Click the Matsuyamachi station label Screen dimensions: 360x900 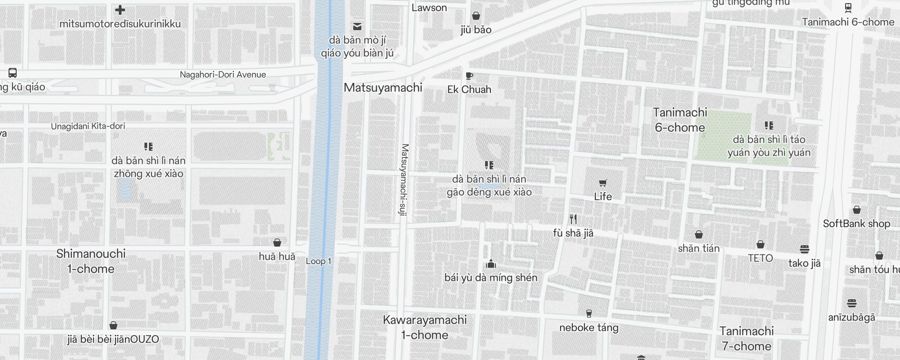[x=383, y=88]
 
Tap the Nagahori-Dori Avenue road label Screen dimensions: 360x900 [x=223, y=75]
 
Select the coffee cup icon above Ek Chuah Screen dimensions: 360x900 [x=469, y=76]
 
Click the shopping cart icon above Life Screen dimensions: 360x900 [x=603, y=183]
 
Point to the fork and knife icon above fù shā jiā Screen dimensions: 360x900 [x=573, y=219]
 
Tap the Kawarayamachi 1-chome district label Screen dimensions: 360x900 [x=424, y=327]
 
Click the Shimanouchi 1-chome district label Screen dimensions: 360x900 [x=91, y=261]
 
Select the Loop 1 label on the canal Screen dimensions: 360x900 [x=318, y=261]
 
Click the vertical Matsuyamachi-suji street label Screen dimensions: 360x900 [x=404, y=180]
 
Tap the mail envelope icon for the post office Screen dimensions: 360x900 [x=357, y=27]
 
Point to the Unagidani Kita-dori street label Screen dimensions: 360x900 [x=88, y=126]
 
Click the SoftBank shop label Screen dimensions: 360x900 [x=856, y=224]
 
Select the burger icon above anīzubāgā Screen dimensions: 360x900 [x=851, y=303]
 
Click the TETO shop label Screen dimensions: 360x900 [x=760, y=258]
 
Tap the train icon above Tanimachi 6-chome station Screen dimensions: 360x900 [x=848, y=8]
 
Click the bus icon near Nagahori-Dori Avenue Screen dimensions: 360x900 [x=13, y=73]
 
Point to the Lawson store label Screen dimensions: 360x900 [x=429, y=8]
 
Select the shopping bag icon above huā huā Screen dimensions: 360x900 [x=277, y=243]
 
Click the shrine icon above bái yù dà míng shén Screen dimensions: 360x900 [x=490, y=264]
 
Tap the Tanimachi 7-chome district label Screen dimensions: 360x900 [x=746, y=338]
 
